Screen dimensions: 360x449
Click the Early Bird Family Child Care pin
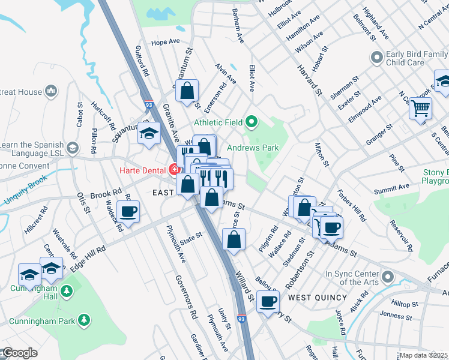click(377, 58)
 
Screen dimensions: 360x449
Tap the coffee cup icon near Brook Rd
click(128, 212)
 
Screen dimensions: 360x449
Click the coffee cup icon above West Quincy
click(268, 301)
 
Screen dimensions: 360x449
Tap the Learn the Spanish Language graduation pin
click(73, 148)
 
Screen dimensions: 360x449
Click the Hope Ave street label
click(166, 43)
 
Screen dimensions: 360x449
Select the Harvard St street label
click(310, 81)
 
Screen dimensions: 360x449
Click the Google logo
click(20, 353)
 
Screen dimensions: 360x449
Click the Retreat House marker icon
click(51, 92)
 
